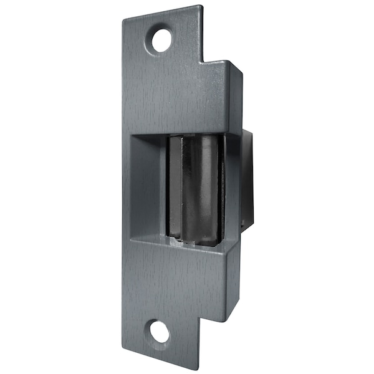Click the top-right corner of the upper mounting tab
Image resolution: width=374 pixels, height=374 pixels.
point(201,7)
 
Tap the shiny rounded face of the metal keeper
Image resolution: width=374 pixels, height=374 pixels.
point(209,187)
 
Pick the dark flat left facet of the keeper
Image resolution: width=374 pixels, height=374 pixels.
point(176,187)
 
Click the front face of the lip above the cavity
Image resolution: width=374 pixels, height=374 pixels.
point(181,100)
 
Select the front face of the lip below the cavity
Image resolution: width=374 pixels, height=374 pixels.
point(181,274)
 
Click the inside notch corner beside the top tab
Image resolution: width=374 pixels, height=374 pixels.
point(204,62)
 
